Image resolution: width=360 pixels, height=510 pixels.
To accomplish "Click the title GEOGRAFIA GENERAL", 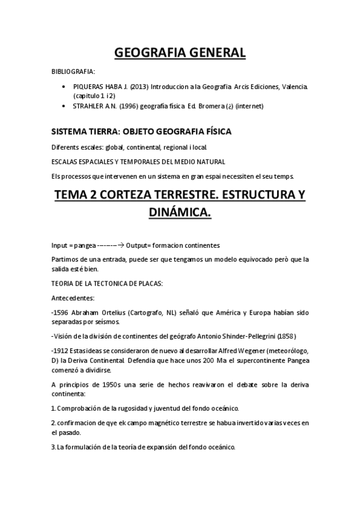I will [180, 52].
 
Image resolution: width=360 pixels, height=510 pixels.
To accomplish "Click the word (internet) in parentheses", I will [250, 106].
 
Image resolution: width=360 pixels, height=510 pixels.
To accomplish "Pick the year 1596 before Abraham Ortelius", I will [61, 313].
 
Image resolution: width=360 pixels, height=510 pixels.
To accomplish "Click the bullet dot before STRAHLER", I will [65, 106].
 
